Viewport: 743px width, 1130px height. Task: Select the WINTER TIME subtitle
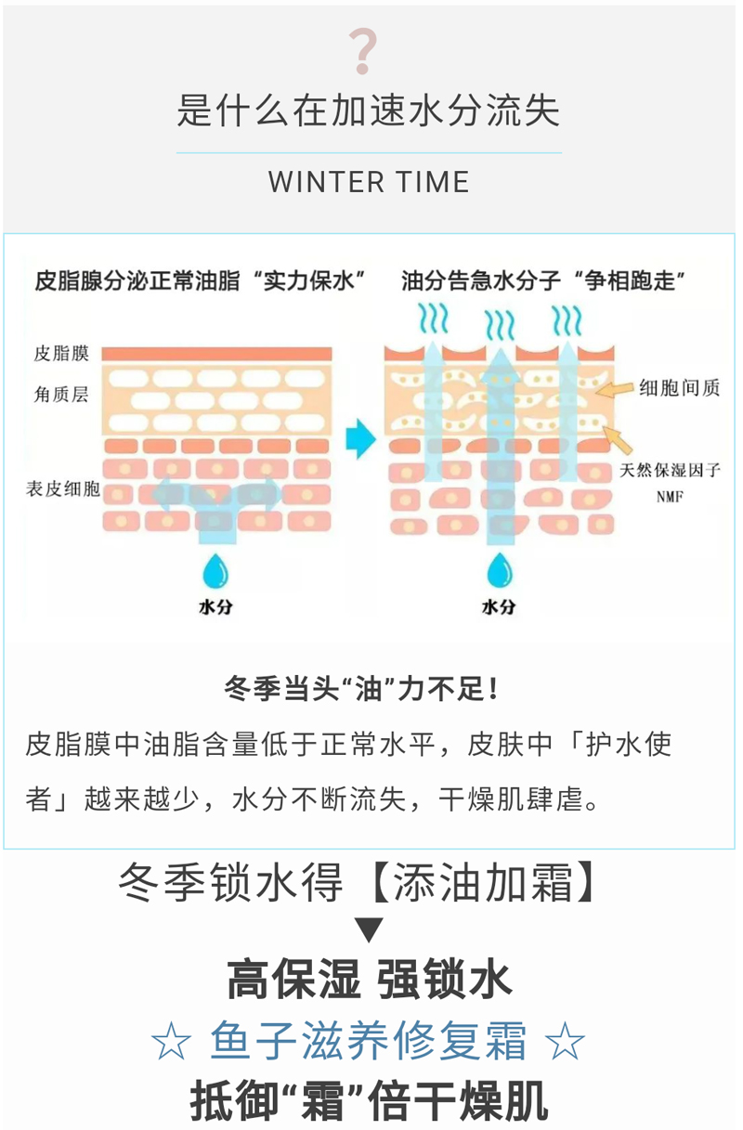tap(369, 182)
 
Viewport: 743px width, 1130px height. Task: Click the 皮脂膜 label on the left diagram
tap(60, 354)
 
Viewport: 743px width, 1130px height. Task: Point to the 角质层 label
tap(60, 396)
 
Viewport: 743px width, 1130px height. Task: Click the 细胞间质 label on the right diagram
tap(679, 390)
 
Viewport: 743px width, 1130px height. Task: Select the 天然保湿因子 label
tap(671, 470)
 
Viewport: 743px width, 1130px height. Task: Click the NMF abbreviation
tap(670, 497)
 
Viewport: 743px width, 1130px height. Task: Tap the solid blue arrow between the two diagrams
tap(358, 439)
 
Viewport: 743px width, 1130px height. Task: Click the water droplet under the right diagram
tap(498, 569)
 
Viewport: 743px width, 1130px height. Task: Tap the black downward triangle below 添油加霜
tap(369, 929)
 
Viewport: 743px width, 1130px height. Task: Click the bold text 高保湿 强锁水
tap(369, 981)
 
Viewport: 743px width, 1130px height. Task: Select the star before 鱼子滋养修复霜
tap(170, 1043)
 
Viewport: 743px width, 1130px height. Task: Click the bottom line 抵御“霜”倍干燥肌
tap(369, 1101)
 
